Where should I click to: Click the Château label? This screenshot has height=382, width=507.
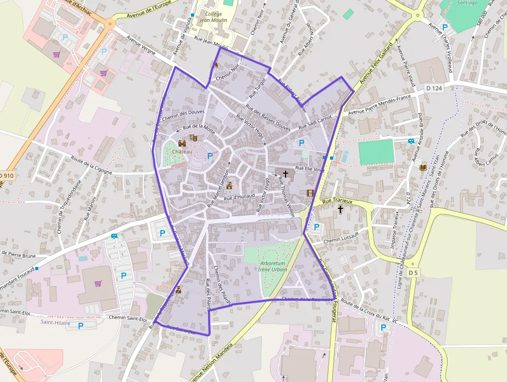pyautogui.click(x=182, y=151)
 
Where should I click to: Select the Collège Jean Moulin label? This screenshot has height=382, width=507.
pyautogui.click(x=213, y=17)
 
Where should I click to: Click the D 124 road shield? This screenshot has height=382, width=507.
pyautogui.click(x=435, y=89)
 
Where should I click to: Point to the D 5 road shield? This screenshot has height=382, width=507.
pyautogui.click(x=412, y=273)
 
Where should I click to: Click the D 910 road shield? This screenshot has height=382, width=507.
pyautogui.click(x=7, y=176)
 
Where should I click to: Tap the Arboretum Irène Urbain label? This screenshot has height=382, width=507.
pyautogui.click(x=272, y=266)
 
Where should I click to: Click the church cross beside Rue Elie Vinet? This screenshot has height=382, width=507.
pyautogui.click(x=285, y=173)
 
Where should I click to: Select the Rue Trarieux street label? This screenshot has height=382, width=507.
pyautogui.click(x=337, y=201)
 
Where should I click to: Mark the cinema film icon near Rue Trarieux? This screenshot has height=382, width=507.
pyautogui.click(x=310, y=193)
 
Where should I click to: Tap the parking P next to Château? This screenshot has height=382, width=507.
pyautogui.click(x=210, y=155)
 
